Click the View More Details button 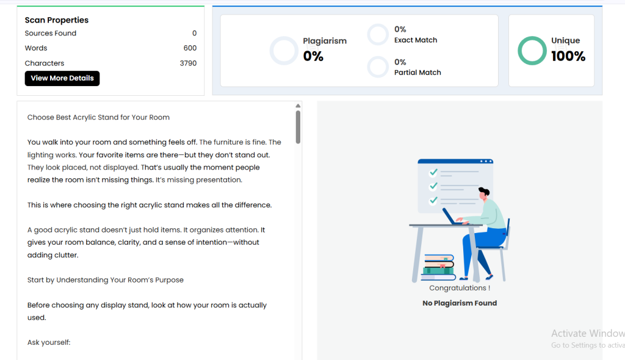pos(62,78)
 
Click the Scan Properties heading pos(57,20)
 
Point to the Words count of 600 pos(190,48)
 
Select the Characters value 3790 pos(188,63)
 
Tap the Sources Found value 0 pos(195,33)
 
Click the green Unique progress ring pos(532,38)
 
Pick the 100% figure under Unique pos(568,56)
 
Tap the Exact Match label pos(416,40)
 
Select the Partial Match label pos(417,73)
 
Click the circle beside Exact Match pos(378,25)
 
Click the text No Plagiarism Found pos(460,303)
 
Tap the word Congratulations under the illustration pos(458,288)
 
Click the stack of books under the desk pos(438,267)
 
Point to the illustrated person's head pos(484,193)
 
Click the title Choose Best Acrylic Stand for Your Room pos(98,117)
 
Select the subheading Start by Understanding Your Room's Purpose pos(105,280)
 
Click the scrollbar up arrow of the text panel pos(298,106)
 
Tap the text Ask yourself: pos(49,342)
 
